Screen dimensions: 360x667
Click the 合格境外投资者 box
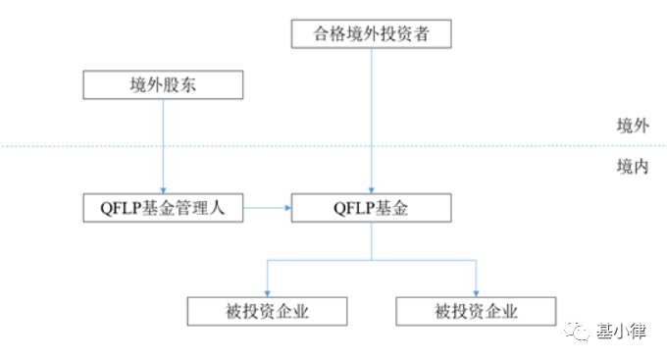(371, 35)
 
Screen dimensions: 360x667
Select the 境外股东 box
(163, 85)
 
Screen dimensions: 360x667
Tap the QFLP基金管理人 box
(163, 207)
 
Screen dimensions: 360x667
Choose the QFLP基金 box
(371, 207)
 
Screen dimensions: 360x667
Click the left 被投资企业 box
(267, 312)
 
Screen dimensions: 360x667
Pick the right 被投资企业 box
(476, 312)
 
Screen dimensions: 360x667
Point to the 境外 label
(633, 125)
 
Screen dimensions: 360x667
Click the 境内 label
(633, 167)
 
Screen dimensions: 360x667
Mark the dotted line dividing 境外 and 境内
(294, 146)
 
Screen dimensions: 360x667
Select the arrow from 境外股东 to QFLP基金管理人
(163, 147)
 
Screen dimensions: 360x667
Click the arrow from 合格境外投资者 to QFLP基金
(371, 118)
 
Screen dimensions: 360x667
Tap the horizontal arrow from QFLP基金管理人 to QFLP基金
(267, 207)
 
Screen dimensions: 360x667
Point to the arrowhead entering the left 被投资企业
(267, 292)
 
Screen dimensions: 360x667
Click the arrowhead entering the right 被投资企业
(476, 292)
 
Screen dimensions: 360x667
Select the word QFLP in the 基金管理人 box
(110, 207)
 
